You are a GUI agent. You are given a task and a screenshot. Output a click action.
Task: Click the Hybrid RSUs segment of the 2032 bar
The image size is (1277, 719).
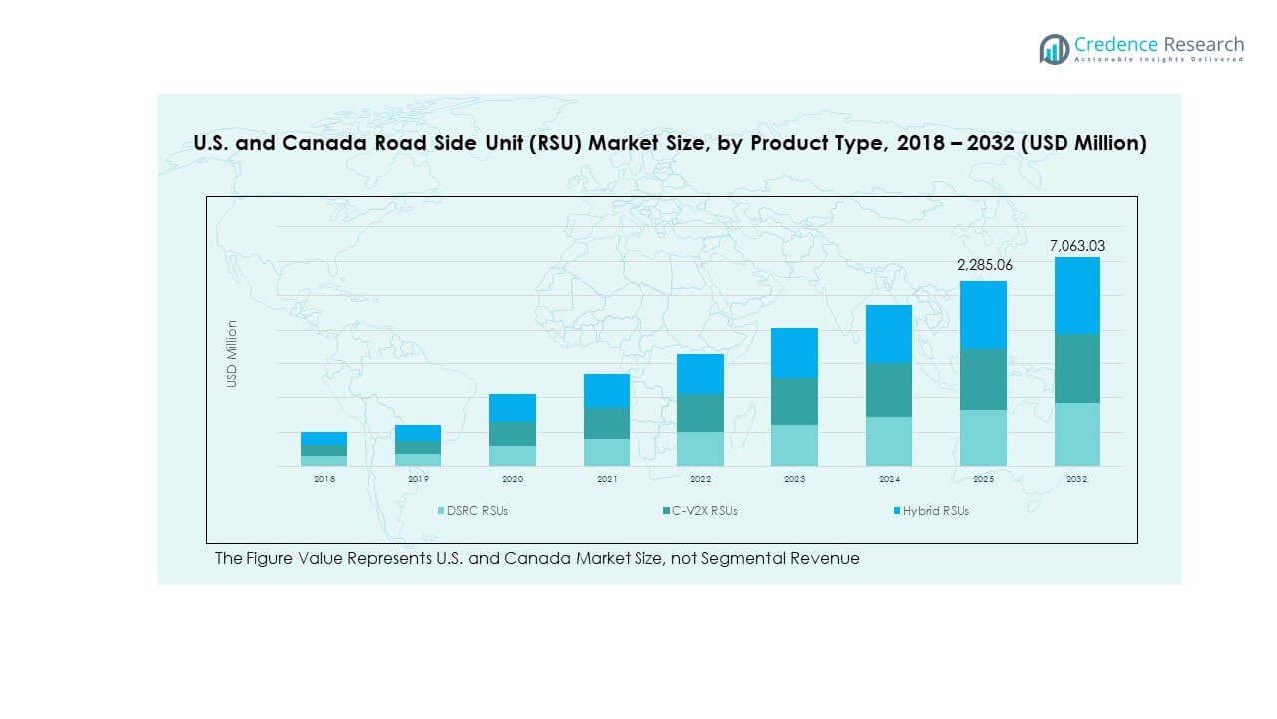tap(1076, 295)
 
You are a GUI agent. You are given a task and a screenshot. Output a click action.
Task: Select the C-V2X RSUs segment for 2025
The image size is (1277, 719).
tap(983, 379)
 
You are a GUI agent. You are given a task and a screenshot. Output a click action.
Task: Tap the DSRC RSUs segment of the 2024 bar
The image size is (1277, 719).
tap(889, 441)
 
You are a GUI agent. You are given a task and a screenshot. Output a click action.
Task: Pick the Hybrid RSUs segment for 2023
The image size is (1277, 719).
tap(794, 353)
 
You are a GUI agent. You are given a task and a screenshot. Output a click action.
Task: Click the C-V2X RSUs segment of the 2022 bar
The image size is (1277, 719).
tap(700, 413)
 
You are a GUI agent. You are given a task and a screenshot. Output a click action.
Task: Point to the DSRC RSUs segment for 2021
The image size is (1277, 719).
tap(607, 452)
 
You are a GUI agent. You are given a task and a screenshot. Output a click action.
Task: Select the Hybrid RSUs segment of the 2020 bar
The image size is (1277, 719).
tap(512, 407)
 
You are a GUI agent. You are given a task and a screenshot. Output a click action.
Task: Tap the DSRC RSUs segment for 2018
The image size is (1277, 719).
tap(324, 461)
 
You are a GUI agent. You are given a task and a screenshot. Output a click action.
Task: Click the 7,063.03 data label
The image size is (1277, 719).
tap(1076, 245)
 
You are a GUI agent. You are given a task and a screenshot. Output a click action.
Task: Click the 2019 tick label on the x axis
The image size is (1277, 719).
tap(418, 479)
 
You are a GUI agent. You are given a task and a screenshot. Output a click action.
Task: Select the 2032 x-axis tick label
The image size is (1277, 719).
tap(1076, 479)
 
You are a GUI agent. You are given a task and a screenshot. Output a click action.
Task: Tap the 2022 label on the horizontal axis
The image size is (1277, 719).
tap(700, 479)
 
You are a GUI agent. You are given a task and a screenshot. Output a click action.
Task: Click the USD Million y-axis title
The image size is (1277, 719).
tap(232, 354)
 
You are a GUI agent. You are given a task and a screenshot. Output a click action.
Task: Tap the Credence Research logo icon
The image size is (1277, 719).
tap(1054, 49)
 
